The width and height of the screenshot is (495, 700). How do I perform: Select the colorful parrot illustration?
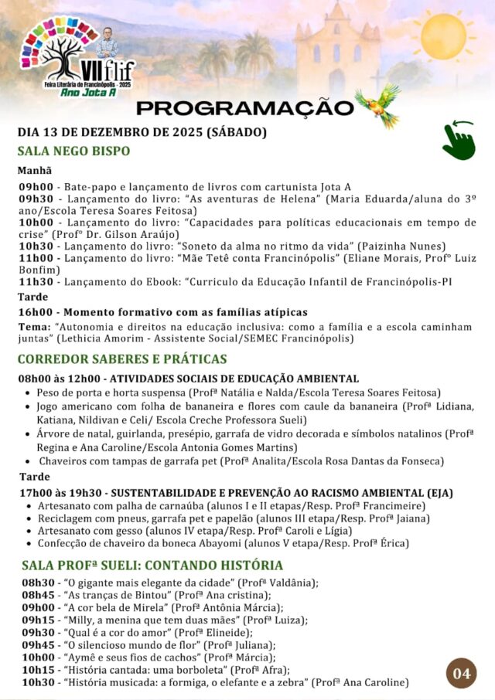pos(378,104)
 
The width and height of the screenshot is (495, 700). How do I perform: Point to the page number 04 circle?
pos(462,673)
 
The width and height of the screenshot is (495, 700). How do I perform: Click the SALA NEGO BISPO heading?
pos(73,151)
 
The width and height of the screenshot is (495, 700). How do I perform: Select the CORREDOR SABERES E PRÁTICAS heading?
pos(121,358)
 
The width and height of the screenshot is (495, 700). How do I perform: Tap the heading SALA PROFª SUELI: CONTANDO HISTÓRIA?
pos(152,564)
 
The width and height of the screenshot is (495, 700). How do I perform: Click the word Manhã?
pos(35,170)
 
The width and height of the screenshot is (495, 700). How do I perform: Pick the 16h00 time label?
pos(36,312)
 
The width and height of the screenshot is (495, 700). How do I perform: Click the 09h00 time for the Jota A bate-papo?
pos(36,187)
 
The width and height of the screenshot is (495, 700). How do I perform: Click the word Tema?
pos(35,327)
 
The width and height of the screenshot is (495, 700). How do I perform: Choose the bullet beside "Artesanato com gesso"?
pos(29,531)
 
